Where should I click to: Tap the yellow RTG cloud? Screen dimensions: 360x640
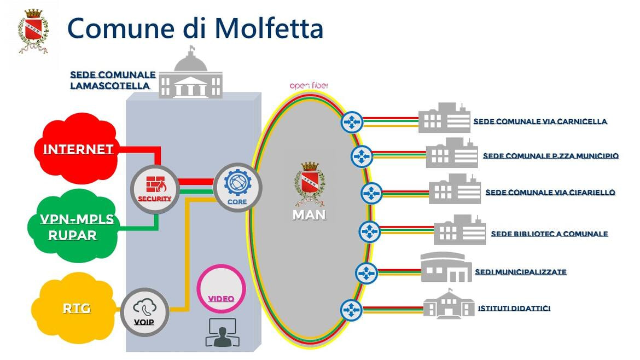[x=76, y=309]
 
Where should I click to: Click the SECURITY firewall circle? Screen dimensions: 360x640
[x=155, y=189]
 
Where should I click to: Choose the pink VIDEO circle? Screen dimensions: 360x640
[x=221, y=290]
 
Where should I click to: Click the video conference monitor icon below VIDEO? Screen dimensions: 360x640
[x=220, y=332]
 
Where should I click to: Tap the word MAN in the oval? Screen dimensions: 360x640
[x=309, y=214]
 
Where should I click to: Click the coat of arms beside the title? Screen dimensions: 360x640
[x=33, y=31]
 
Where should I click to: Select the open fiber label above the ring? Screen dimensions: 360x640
[x=310, y=86]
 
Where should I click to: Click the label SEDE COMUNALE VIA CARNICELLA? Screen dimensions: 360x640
[x=540, y=121]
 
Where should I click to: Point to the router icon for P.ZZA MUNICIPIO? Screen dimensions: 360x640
[x=361, y=156]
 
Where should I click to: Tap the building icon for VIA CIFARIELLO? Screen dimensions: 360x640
[x=455, y=189]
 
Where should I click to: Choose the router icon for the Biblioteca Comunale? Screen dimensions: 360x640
[x=370, y=231]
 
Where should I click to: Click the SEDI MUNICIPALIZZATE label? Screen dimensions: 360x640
[x=520, y=271]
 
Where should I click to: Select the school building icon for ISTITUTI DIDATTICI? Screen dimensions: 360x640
[x=449, y=305]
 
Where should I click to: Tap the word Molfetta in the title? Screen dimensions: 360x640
[x=267, y=28]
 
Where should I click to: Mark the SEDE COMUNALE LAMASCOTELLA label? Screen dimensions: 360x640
[x=113, y=80]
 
